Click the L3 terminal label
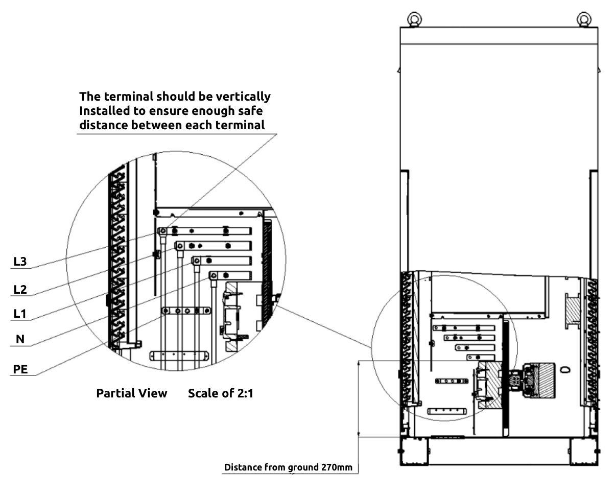click(x=20, y=262)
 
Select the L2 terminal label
click(x=20, y=290)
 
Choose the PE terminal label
click(x=20, y=369)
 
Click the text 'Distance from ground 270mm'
click(x=288, y=467)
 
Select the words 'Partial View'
click(x=132, y=393)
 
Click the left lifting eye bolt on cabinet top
click(x=412, y=19)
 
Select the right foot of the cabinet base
click(x=584, y=452)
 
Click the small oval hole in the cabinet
click(x=564, y=369)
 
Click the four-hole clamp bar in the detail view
click(x=186, y=311)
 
